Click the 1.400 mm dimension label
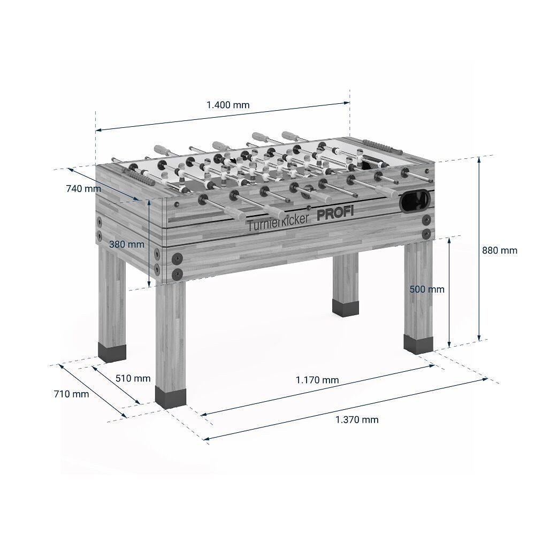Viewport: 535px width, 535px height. tap(228, 105)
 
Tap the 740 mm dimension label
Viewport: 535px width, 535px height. tap(83, 188)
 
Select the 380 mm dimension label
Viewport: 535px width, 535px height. tap(127, 244)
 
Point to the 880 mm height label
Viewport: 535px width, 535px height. tap(500, 250)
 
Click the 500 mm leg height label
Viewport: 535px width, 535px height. tap(426, 289)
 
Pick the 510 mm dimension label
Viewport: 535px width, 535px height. tap(133, 378)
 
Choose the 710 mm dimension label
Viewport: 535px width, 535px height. tap(71, 394)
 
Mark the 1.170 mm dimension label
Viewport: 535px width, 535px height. tap(317, 380)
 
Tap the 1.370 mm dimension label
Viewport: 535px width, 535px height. tap(357, 419)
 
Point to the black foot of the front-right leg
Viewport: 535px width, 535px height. tap(417, 344)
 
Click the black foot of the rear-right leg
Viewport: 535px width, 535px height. tap(346, 307)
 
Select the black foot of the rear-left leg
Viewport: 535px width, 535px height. tap(112, 351)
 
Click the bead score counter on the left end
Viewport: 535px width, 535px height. tap(134, 175)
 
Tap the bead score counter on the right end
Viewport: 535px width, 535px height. tap(377, 145)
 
